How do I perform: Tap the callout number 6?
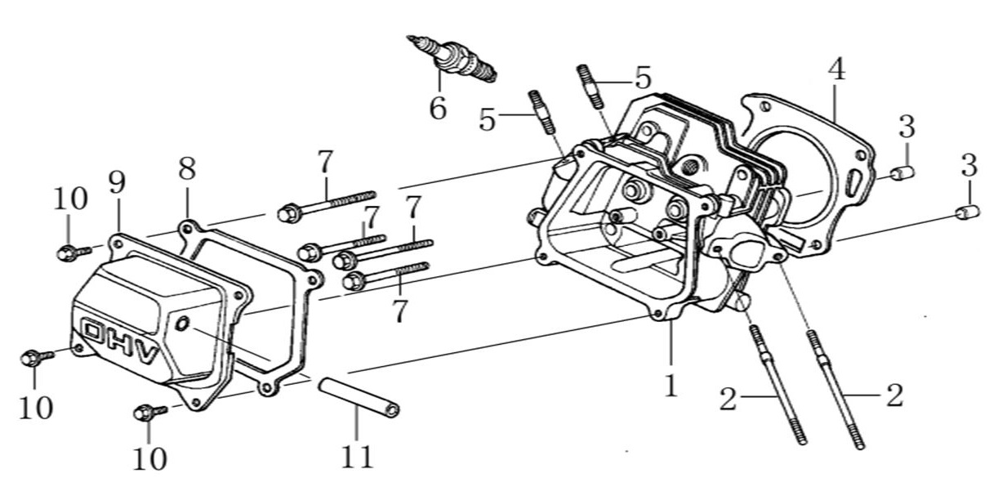tap(439, 108)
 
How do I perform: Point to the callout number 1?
tap(671, 386)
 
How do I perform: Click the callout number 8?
tap(187, 170)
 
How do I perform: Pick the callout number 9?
tap(117, 184)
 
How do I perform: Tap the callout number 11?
tap(357, 455)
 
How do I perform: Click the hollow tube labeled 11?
tap(358, 396)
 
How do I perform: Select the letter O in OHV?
tap(96, 333)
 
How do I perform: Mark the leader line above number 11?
tap(357, 422)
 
